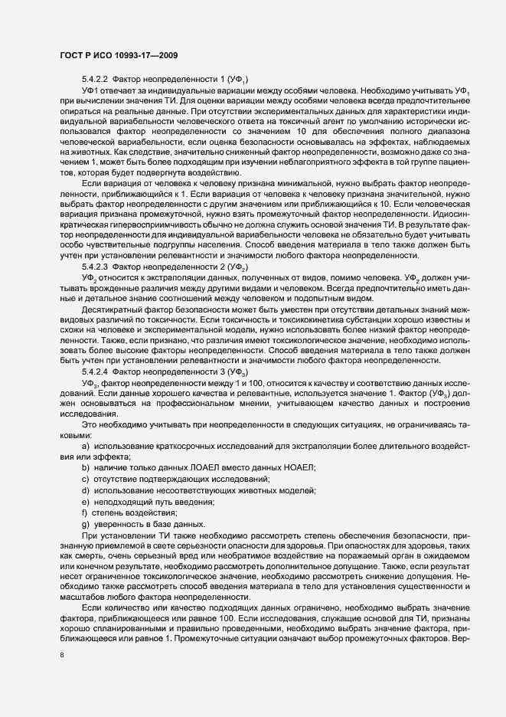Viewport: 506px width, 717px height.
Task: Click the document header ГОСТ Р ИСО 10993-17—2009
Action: click(x=119, y=55)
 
